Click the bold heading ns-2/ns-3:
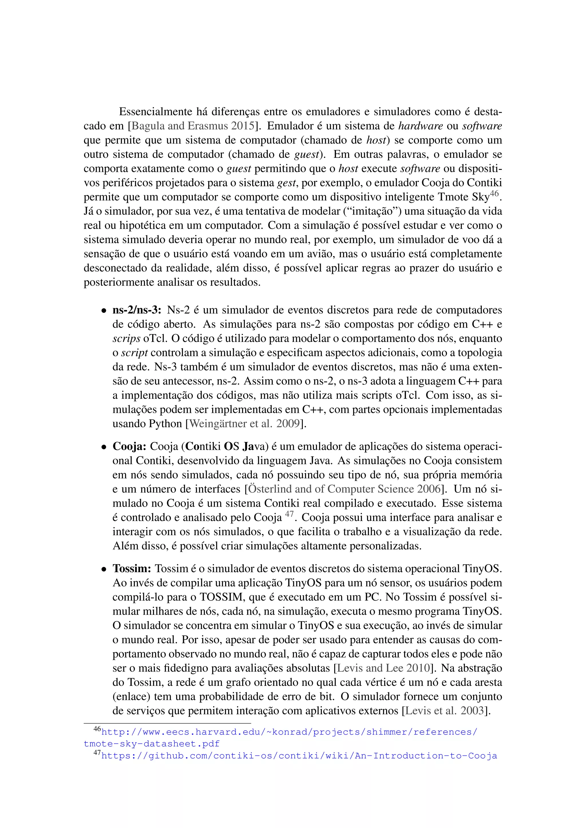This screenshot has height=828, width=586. click(x=137, y=310)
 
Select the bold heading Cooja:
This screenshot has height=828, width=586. click(x=129, y=447)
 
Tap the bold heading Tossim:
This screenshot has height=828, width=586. click(x=132, y=569)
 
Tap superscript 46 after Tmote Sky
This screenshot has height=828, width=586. click(x=494, y=193)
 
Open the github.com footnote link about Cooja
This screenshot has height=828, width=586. click(x=299, y=756)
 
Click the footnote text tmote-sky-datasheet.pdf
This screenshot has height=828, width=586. click(x=152, y=744)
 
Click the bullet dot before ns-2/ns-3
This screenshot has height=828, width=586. click(x=104, y=311)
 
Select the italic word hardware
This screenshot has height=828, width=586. click(x=420, y=126)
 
